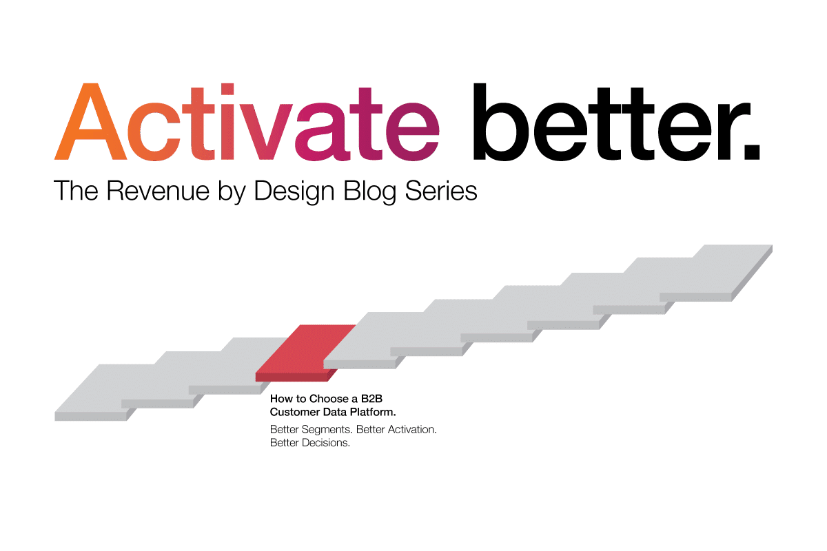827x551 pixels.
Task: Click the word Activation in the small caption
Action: click(409, 429)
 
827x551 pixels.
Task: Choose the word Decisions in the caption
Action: click(326, 443)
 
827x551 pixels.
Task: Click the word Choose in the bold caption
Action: click(329, 398)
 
